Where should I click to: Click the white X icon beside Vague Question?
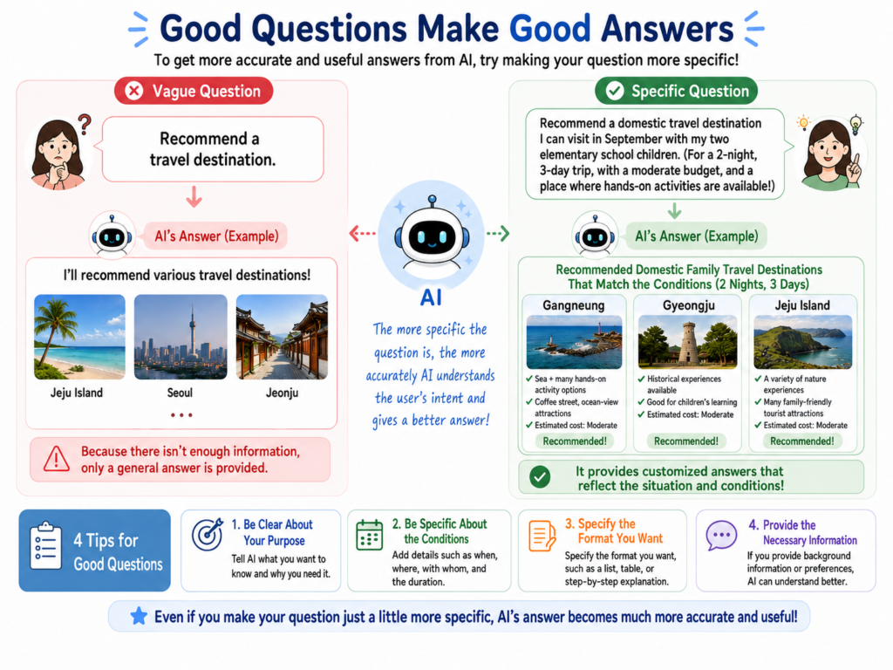click(x=133, y=91)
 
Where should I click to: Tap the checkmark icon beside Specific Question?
click(x=615, y=91)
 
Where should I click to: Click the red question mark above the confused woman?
click(x=85, y=124)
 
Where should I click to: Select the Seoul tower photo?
click(x=181, y=337)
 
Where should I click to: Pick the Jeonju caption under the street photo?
click(x=282, y=393)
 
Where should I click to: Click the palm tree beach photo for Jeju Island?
click(x=79, y=337)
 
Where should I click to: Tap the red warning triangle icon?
click(x=57, y=459)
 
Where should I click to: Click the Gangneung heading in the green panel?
click(x=574, y=305)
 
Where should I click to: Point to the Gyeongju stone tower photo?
click(x=687, y=342)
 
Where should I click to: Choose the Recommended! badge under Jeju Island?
click(x=802, y=441)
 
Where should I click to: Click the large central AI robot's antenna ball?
click(x=433, y=200)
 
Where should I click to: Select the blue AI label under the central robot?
click(x=431, y=297)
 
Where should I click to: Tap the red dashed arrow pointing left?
click(x=362, y=233)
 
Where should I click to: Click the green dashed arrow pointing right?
click(x=498, y=233)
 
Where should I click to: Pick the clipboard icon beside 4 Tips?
click(x=45, y=546)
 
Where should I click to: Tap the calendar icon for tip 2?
click(x=370, y=535)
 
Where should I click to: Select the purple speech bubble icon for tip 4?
click(x=721, y=536)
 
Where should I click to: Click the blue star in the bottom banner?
click(x=139, y=616)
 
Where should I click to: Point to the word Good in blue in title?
click(x=549, y=29)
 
